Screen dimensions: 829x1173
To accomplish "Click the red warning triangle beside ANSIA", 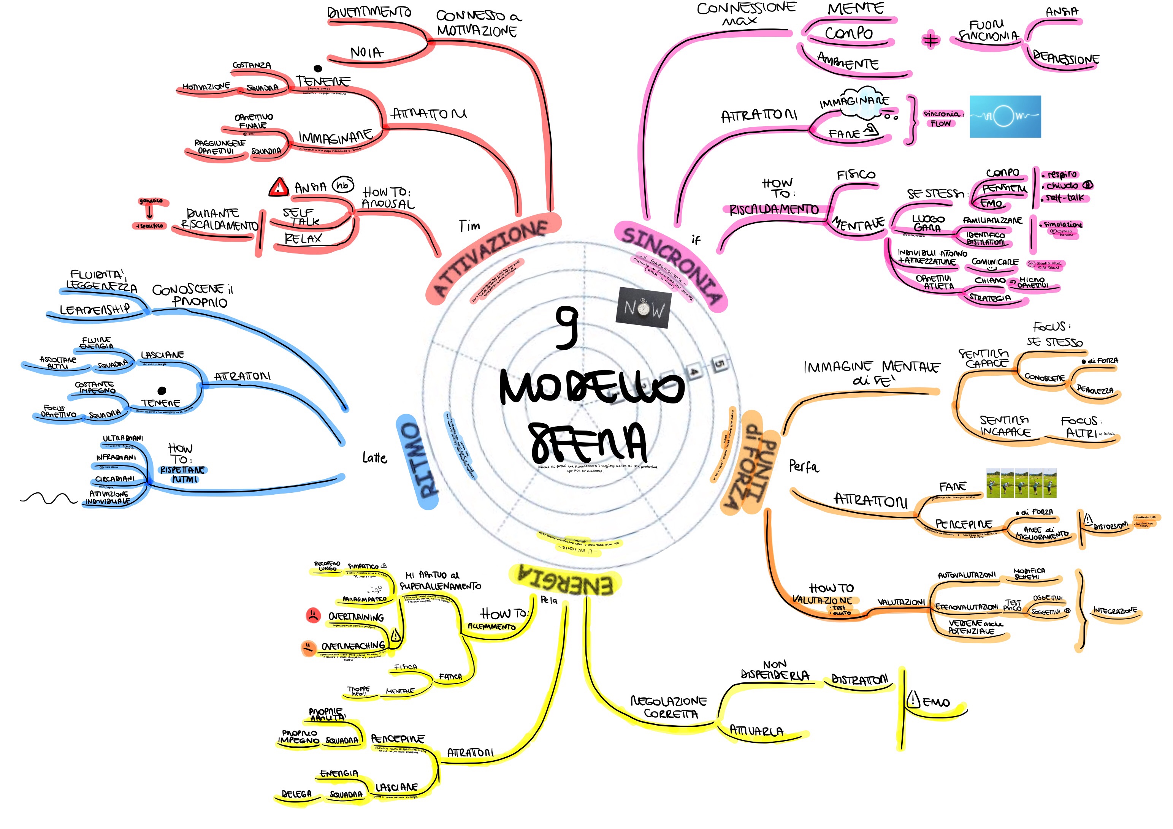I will tap(279, 187).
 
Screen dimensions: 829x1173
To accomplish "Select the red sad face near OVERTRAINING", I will tap(312, 615).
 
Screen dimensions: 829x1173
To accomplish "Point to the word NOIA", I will tap(366, 52).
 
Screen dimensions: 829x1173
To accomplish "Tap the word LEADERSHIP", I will tap(95, 310).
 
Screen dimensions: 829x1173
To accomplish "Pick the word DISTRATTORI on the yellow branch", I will tap(860, 680).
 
